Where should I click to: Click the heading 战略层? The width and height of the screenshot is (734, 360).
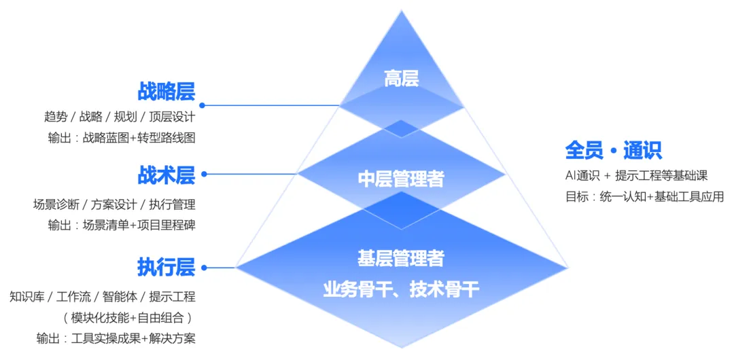tap(167, 91)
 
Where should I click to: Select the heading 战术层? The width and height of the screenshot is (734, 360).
tap(167, 175)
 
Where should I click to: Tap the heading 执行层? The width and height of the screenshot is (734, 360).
tap(167, 267)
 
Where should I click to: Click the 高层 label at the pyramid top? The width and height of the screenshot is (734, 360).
tap(401, 79)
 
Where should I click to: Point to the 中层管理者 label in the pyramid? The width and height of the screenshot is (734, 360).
tap(401, 179)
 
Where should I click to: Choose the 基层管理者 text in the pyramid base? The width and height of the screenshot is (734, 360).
tap(401, 258)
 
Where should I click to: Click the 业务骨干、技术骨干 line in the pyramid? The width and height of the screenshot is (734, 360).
tap(401, 290)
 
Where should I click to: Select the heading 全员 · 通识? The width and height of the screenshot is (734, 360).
tap(613, 150)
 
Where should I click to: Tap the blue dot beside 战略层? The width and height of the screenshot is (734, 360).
tap(202, 105)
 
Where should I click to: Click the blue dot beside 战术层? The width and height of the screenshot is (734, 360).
tap(204, 175)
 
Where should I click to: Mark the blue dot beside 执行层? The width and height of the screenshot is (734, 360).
tap(203, 267)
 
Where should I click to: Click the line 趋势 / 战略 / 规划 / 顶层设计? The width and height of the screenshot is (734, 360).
tap(120, 116)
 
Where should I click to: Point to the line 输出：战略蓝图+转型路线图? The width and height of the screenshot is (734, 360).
tap(122, 137)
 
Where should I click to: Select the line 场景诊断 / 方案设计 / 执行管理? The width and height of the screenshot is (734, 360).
tap(114, 204)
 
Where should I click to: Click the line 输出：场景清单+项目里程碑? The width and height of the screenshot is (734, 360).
tap(122, 225)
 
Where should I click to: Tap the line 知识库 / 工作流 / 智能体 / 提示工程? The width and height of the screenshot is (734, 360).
tap(103, 297)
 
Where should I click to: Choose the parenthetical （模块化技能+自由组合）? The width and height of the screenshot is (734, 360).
tap(128, 317)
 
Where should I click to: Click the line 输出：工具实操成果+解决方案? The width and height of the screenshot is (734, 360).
tap(116, 338)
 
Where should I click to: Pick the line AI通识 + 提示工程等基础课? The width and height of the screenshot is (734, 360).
tap(636, 175)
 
